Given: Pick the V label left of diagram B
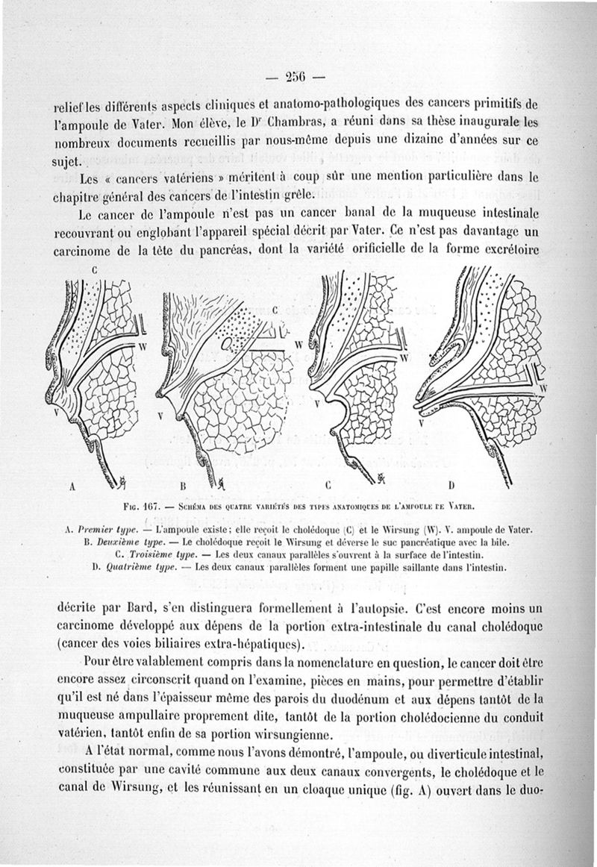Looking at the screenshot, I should coord(158,415).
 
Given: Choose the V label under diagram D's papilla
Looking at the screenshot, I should coord(422,423).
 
